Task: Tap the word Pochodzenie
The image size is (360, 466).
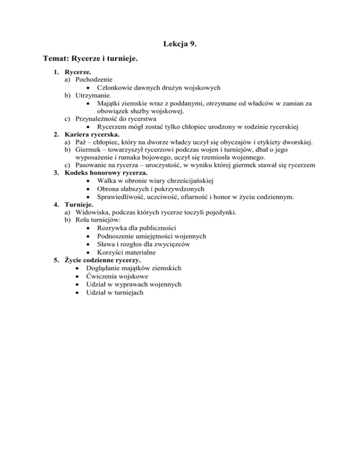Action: pos(95,80)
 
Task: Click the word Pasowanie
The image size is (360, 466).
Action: pos(92,165)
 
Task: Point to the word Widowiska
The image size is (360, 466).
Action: pos(93,212)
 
